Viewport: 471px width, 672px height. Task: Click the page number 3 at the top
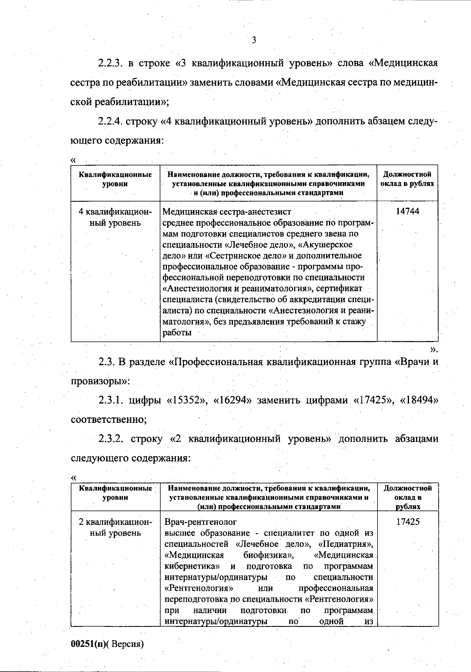click(x=254, y=40)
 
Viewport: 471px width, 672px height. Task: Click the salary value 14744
click(x=407, y=211)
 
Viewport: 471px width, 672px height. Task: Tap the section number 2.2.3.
click(x=111, y=63)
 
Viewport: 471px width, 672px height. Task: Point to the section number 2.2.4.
click(x=111, y=121)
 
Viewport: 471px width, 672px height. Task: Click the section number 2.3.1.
click(x=111, y=400)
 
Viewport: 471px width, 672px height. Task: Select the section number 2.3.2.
click(x=111, y=439)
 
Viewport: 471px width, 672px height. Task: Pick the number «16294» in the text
click(x=232, y=400)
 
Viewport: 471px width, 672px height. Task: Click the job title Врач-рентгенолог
click(x=201, y=522)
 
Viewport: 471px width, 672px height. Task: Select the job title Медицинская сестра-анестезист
click(x=227, y=212)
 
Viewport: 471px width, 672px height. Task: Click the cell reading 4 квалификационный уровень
click(x=115, y=217)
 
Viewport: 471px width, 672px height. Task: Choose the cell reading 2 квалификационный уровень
click(x=115, y=528)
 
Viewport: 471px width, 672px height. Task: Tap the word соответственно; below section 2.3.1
click(x=109, y=419)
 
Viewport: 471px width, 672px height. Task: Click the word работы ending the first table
click(x=177, y=333)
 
